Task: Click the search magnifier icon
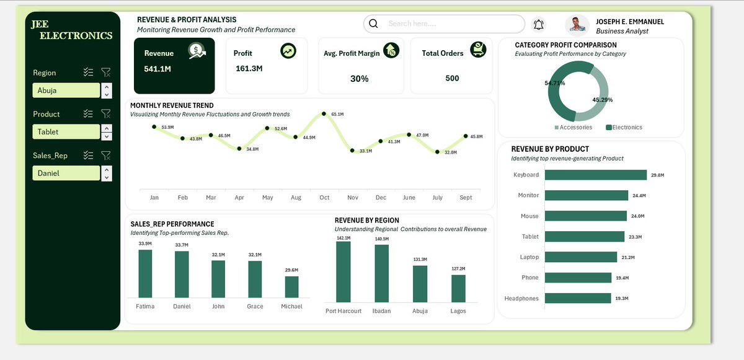pyautogui.click(x=373, y=24)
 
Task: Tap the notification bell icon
pyautogui.click(x=538, y=25)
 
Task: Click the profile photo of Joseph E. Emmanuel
pyautogui.click(x=577, y=25)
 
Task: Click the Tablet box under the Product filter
pyautogui.click(x=66, y=132)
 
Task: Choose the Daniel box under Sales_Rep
pyautogui.click(x=66, y=173)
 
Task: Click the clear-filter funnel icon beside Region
pyautogui.click(x=106, y=72)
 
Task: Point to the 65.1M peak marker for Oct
pyautogui.click(x=324, y=114)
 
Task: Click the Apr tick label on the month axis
pyautogui.click(x=239, y=198)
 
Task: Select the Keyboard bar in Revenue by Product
pyautogui.click(x=596, y=175)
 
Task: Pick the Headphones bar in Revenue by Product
pyautogui.click(x=578, y=298)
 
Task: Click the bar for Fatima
pyautogui.click(x=145, y=274)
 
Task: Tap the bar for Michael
pyautogui.click(x=291, y=287)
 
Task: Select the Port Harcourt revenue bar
pyautogui.click(x=343, y=272)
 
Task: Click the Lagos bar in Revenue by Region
pyautogui.click(x=458, y=289)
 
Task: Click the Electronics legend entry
pyautogui.click(x=624, y=128)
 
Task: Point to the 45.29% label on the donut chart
pyautogui.click(x=603, y=100)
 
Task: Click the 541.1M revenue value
pyautogui.click(x=157, y=69)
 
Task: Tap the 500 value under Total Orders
pyautogui.click(x=452, y=78)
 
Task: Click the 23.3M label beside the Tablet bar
pyautogui.click(x=635, y=237)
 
